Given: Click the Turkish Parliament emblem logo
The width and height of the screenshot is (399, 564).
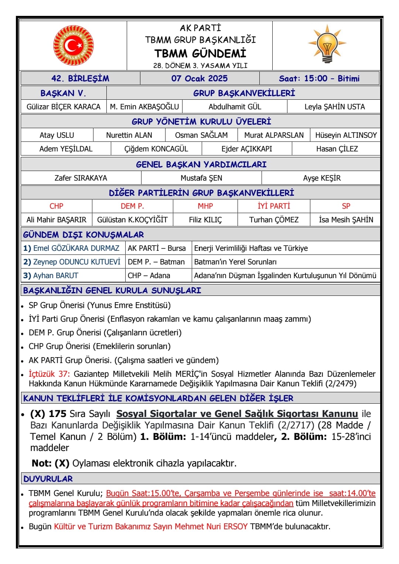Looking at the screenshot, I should [73, 45].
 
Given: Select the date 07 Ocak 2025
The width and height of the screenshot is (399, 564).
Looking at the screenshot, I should [199, 78].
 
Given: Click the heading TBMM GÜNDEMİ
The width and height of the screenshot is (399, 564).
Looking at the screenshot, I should [200, 54].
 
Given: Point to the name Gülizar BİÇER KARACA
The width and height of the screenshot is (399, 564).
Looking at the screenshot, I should [64, 107].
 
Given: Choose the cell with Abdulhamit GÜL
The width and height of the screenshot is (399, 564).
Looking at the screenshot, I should [235, 107].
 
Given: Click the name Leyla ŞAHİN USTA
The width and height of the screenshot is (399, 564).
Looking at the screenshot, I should [334, 107].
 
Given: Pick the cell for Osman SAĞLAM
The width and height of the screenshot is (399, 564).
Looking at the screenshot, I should [201, 135].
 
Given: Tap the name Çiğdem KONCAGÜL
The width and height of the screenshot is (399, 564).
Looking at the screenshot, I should [156, 149].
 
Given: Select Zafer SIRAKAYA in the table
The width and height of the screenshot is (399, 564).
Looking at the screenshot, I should [81, 178].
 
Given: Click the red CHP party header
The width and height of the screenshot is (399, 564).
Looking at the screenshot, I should [57, 206].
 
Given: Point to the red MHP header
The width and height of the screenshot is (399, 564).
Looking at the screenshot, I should [205, 206].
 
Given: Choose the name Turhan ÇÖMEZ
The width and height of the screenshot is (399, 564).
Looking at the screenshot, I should [274, 220].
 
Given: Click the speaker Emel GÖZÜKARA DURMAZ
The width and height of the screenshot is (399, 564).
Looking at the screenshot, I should [76, 248].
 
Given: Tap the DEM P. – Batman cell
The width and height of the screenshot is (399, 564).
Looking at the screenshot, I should [156, 262].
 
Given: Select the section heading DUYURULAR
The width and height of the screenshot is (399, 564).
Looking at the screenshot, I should [48, 479].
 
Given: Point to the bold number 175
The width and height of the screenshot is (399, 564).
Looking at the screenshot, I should [58, 414].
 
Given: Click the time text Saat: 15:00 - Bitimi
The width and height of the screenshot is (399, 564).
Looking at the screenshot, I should [319, 78].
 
